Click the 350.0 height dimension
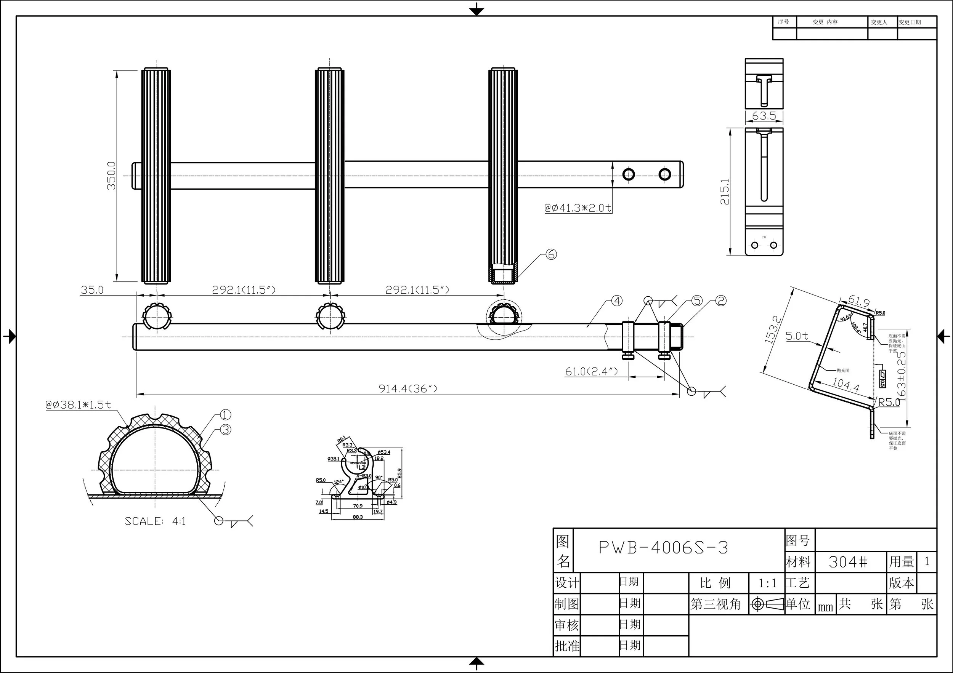pos(111,176)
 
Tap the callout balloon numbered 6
pos(551,254)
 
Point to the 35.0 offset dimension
pos(92,290)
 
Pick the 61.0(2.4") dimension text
pos(591,371)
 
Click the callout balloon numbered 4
pos(617,301)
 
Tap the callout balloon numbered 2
pos(721,301)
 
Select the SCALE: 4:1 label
pos(155,521)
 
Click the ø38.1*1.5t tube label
pos(79,405)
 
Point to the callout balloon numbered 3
pos(225,430)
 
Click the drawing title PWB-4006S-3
pos(663,548)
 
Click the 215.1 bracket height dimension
pos(725,192)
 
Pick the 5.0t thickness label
pos(797,336)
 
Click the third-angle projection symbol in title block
pos(766,604)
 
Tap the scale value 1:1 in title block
pos(767,583)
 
